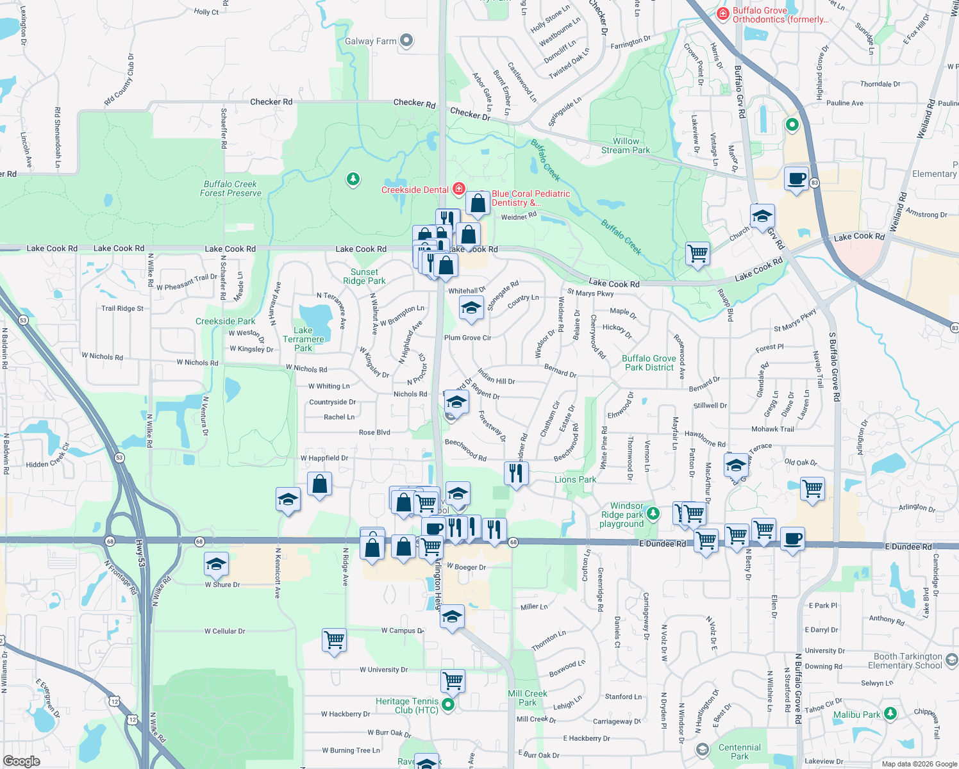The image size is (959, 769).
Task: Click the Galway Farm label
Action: pyautogui.click(x=371, y=41)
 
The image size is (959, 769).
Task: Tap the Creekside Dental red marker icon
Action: pyautogui.click(x=458, y=189)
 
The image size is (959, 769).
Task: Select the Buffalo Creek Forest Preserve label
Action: pyautogui.click(x=231, y=188)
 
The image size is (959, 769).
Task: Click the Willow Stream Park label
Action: pyautogui.click(x=626, y=145)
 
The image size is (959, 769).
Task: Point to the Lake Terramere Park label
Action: pyautogui.click(x=303, y=340)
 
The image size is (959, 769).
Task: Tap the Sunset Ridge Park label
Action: pyautogui.click(x=364, y=276)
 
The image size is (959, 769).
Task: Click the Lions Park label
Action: pyautogui.click(x=575, y=479)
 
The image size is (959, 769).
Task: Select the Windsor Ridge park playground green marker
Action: pyautogui.click(x=653, y=513)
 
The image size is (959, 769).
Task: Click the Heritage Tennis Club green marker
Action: pyautogui.click(x=448, y=705)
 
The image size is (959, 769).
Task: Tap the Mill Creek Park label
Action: pyautogui.click(x=528, y=698)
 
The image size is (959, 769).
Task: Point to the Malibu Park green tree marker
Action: pyautogui.click(x=890, y=713)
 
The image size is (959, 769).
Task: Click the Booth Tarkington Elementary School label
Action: pyautogui.click(x=908, y=661)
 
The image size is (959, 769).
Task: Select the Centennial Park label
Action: pyautogui.click(x=739, y=752)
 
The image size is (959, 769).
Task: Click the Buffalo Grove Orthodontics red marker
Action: pyautogui.click(x=722, y=13)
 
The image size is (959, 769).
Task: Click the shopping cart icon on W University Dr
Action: pyautogui.click(x=453, y=681)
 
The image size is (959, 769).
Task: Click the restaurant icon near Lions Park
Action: pyautogui.click(x=516, y=474)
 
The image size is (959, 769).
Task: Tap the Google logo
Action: pyautogui.click(x=21, y=761)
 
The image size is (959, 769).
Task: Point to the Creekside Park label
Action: pyautogui.click(x=225, y=321)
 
